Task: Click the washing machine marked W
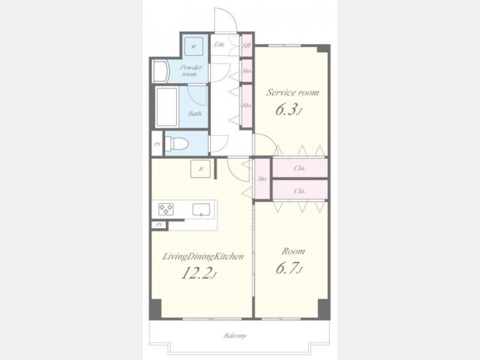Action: pos(194,46)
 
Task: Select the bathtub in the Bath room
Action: pos(167,107)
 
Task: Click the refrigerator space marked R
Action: pos(201,169)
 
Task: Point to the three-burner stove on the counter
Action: pos(166,209)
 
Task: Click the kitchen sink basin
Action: pos(202,210)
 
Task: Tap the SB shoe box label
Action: pos(246,46)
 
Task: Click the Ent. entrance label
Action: pos(219,44)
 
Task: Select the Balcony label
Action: pos(235,336)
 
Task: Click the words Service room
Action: pos(292,92)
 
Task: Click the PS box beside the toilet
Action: pos(157,143)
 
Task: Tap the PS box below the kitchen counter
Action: pos(159,225)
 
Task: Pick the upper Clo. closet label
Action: pos(299,168)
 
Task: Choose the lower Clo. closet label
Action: pos(299,191)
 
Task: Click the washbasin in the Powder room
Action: pos(160,71)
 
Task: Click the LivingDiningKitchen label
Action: pos(203,257)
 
